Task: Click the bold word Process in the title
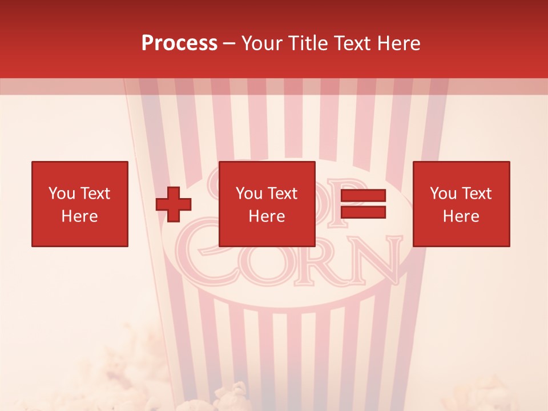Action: tap(179, 43)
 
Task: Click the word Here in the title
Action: tap(398, 43)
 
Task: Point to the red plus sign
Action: tap(174, 204)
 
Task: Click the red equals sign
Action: tap(363, 204)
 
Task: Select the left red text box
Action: tap(80, 204)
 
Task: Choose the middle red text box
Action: tap(267, 204)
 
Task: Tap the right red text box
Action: tap(461, 204)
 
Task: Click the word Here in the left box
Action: tap(80, 216)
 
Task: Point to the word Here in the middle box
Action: tap(267, 216)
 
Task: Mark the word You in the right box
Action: tap(443, 194)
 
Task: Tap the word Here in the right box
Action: tap(461, 216)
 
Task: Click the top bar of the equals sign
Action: tap(363, 196)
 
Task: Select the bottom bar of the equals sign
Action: tap(363, 212)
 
